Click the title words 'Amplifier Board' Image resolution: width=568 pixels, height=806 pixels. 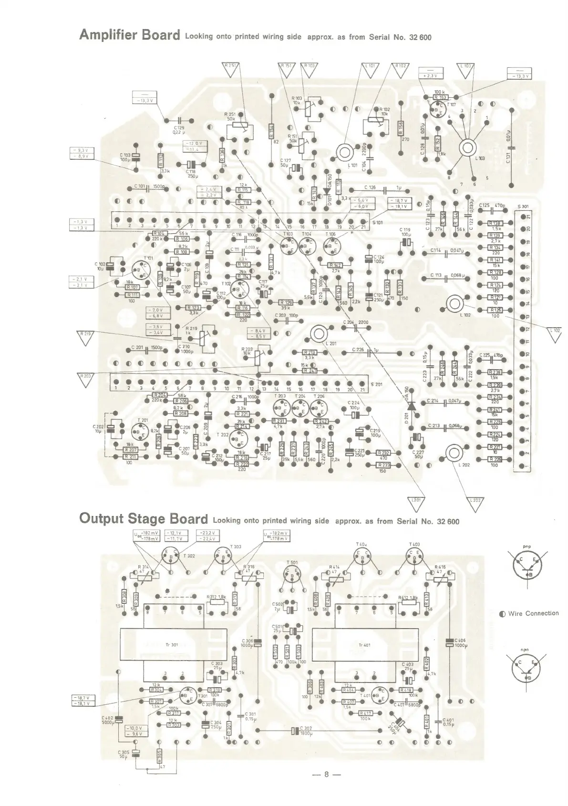(130, 35)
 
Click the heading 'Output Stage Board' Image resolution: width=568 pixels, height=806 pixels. (144, 519)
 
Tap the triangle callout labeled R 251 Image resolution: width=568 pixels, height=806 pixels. (232, 69)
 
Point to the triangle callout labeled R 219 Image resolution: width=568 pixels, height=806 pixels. (85, 337)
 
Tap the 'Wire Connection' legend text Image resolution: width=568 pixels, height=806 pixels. (533, 613)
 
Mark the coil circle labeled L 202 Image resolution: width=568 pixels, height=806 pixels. (454, 452)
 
